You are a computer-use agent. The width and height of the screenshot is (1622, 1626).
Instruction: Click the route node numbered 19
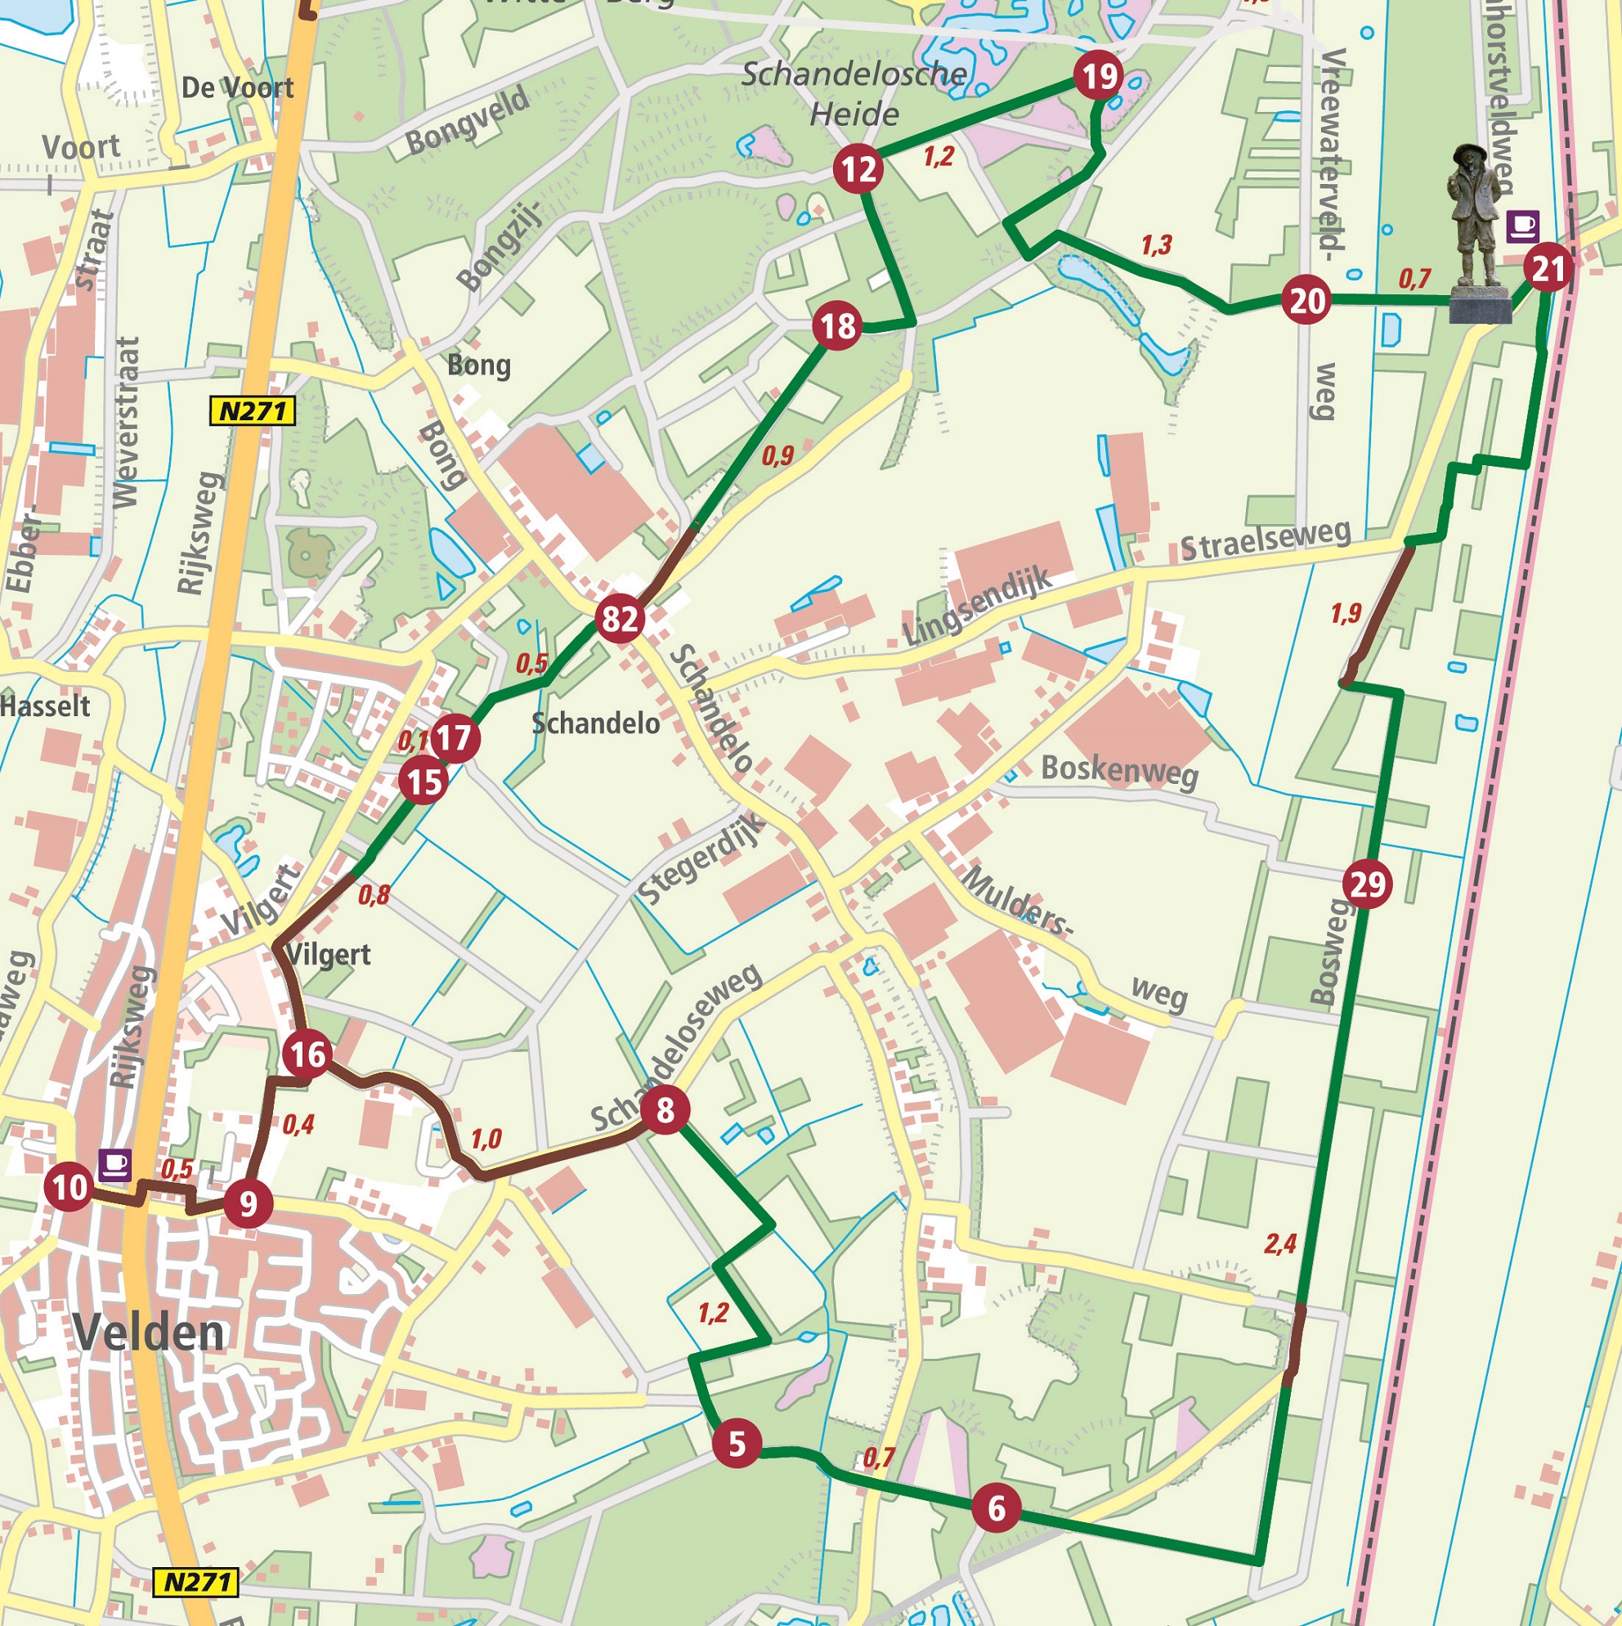click(1099, 78)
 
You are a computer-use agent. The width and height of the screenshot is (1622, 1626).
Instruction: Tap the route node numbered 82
click(620, 620)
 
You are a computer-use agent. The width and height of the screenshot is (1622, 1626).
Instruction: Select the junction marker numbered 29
click(1367, 885)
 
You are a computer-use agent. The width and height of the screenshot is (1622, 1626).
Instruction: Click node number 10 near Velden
click(69, 1188)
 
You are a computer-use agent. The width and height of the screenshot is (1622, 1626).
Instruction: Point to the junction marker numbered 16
click(307, 1055)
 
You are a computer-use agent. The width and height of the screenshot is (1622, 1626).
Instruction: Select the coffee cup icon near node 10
click(115, 1165)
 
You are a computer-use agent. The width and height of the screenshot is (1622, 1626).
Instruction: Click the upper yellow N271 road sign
click(253, 411)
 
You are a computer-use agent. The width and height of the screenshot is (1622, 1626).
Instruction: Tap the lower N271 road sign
click(196, 1582)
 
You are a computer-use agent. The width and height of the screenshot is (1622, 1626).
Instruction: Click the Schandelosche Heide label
click(854, 93)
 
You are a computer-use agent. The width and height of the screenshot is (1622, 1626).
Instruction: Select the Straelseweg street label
click(1265, 540)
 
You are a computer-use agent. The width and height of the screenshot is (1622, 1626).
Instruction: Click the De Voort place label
click(237, 87)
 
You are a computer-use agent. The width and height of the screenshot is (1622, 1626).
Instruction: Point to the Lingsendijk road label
click(976, 606)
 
